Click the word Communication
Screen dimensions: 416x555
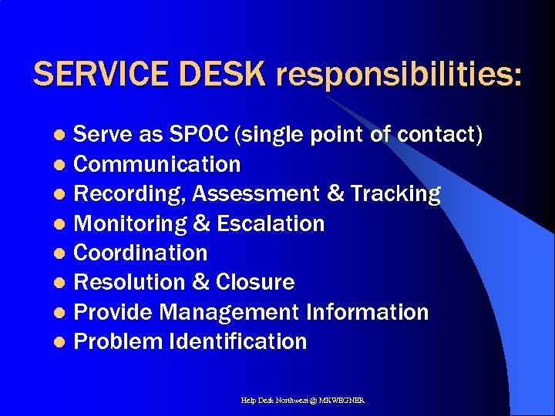[x=156, y=164]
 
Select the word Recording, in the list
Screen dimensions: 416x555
[x=129, y=194]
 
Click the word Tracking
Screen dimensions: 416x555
[x=395, y=194]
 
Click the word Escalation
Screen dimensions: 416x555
[x=271, y=223]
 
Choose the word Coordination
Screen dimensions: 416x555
[x=140, y=253]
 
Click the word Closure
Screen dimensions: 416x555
[x=255, y=282]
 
